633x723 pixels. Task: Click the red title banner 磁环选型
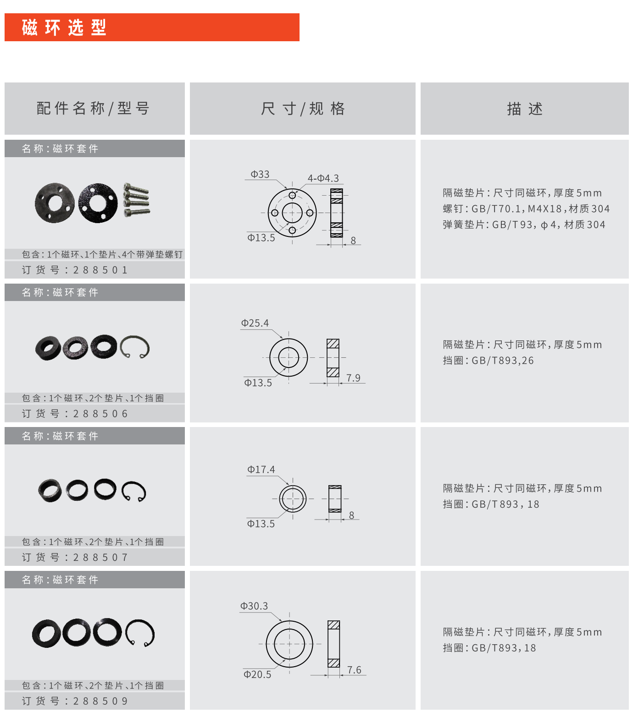tap(151, 27)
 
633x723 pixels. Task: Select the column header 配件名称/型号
tap(94, 109)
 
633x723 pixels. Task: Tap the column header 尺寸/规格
tap(303, 109)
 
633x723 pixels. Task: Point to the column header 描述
tap(525, 109)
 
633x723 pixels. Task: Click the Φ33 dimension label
tap(260, 174)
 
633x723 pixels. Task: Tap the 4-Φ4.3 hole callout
tap(323, 178)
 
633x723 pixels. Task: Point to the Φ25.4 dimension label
tap(255, 323)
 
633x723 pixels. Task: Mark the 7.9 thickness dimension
tap(353, 378)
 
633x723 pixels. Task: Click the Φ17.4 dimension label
tap(261, 470)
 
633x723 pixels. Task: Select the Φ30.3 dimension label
tap(254, 606)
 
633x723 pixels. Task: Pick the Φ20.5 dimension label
tap(257, 674)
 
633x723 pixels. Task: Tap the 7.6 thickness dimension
tap(354, 670)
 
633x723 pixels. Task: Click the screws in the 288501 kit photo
tap(136, 200)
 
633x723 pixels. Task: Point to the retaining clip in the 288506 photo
tap(135, 347)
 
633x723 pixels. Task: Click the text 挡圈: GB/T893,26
tap(488, 361)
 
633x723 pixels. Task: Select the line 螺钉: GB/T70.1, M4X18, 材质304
tap(526, 209)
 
